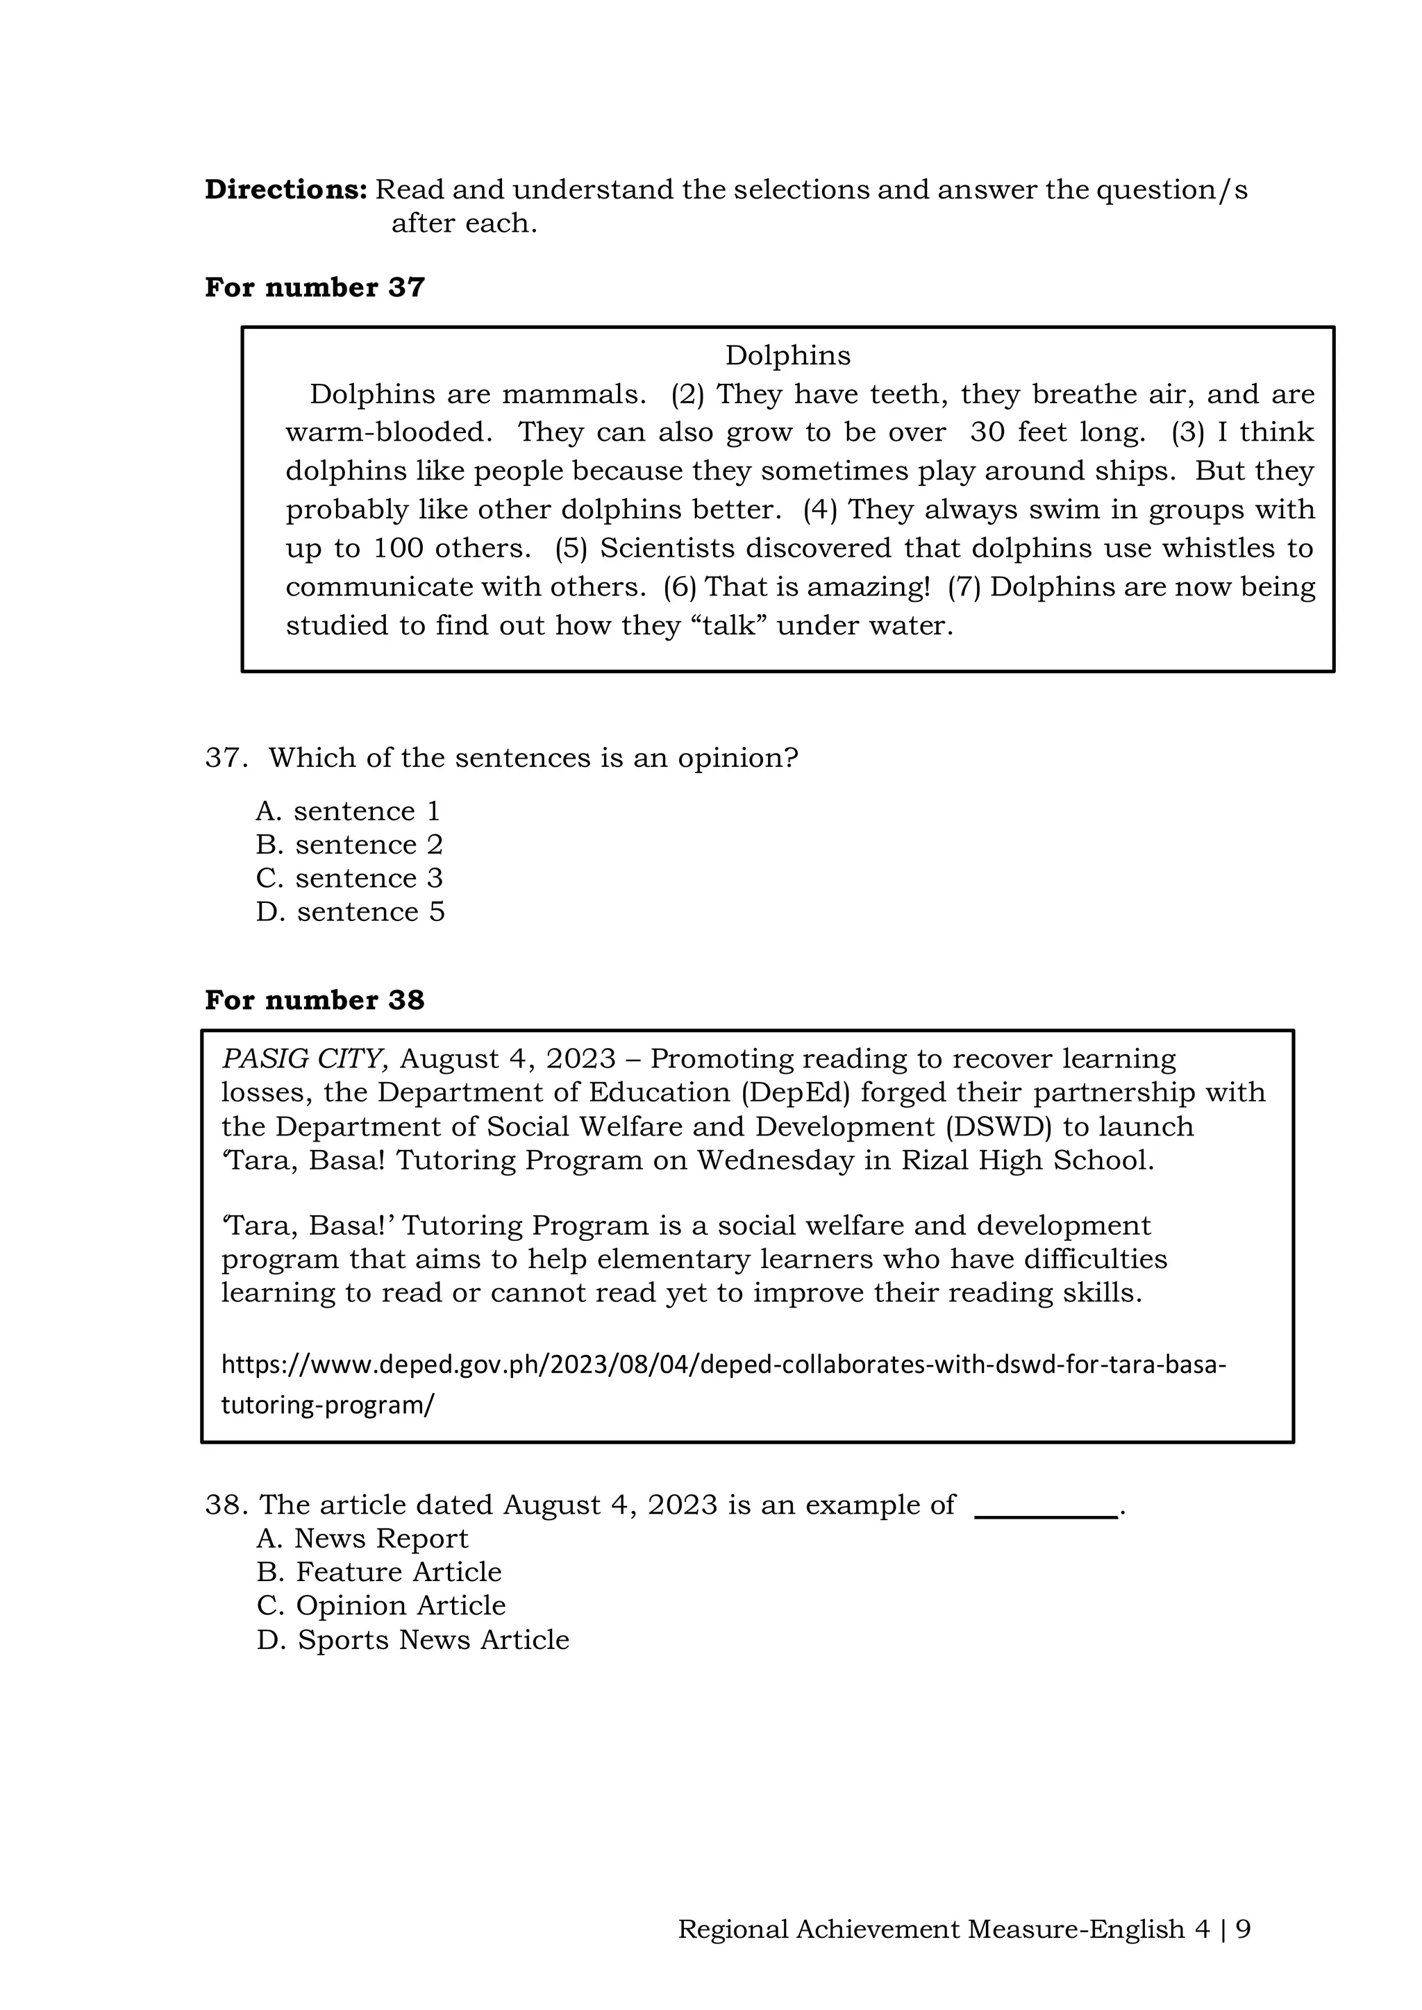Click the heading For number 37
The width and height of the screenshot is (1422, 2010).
pos(315,287)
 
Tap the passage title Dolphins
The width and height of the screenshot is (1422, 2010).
pos(787,355)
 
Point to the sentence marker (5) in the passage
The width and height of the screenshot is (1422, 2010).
pos(571,548)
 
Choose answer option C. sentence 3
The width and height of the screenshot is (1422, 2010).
pos(349,878)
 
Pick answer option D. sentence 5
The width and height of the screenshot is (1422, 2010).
pos(350,912)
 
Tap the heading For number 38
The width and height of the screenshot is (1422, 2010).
pos(315,999)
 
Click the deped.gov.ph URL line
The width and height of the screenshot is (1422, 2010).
pos(723,1364)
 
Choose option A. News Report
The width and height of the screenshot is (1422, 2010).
pos(362,1538)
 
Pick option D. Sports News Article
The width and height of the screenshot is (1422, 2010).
pos(412,1639)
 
